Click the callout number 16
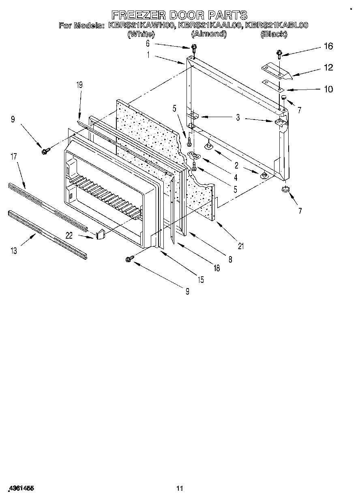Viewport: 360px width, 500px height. tap(328, 46)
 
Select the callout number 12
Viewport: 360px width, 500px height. tap(328, 68)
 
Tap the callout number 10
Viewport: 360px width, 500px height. tap(328, 89)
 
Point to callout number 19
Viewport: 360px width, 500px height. tap(79, 85)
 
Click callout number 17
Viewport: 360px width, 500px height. tap(14, 156)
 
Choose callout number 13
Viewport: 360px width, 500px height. tap(14, 251)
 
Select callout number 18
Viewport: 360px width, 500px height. tap(217, 268)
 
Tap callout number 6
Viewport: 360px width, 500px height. tap(148, 43)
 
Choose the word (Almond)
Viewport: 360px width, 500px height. tap(208, 34)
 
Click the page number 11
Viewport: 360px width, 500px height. tap(180, 488)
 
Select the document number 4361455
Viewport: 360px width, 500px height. tap(20, 488)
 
